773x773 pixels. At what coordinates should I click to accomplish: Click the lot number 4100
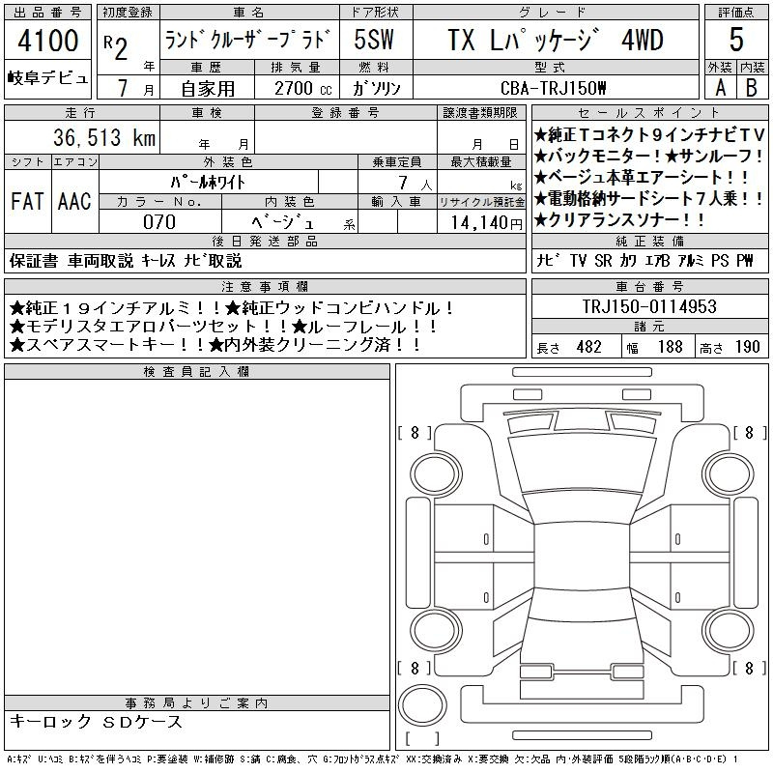(48, 41)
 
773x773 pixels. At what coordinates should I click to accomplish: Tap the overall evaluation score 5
(736, 40)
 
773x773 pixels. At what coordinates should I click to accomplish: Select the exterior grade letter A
(721, 88)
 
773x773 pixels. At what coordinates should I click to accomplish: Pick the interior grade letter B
(752, 88)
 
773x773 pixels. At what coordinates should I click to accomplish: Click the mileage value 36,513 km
(104, 137)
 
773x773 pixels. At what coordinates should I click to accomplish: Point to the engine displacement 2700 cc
(303, 88)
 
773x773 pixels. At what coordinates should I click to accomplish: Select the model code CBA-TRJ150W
(553, 88)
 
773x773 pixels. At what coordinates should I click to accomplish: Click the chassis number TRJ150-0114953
(649, 306)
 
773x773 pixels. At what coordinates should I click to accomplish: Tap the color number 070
(159, 222)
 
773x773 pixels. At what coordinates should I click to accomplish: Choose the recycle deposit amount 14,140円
(487, 222)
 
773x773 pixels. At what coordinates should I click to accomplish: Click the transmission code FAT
(27, 201)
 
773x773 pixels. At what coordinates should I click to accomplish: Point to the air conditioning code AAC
(74, 201)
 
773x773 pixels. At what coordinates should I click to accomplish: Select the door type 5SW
(374, 40)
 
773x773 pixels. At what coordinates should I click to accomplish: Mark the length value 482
(588, 347)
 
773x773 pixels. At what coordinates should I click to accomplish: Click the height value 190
(747, 347)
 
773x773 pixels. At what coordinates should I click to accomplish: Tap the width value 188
(670, 347)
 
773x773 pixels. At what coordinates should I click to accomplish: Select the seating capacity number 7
(403, 183)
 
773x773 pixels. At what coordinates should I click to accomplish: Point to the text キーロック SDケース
(96, 722)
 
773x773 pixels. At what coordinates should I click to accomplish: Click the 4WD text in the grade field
(643, 40)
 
